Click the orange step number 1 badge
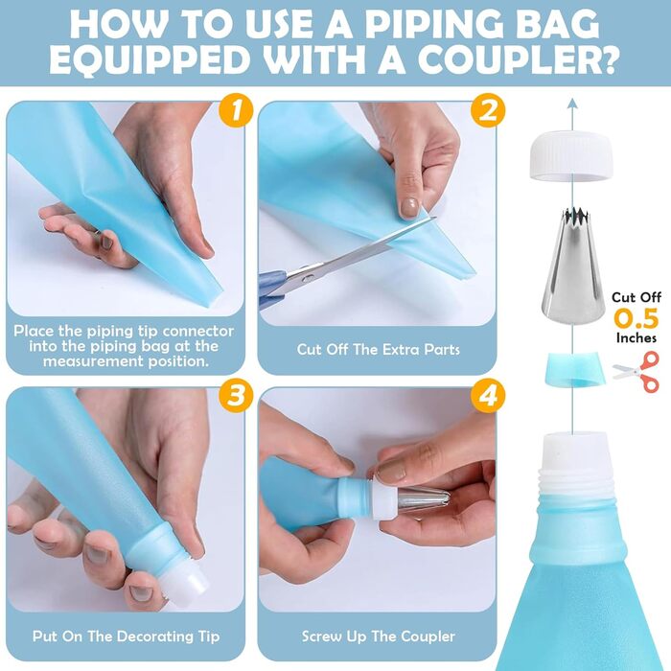(236, 110)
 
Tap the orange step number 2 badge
(488, 110)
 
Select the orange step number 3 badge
(236, 395)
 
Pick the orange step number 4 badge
(488, 395)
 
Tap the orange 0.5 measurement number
(636, 318)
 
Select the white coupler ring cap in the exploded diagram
(571, 155)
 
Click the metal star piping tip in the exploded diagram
(572, 266)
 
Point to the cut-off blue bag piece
(575, 370)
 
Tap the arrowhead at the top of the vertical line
(572, 103)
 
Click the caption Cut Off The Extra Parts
(379, 350)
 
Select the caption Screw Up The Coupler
(379, 636)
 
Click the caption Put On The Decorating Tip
(127, 636)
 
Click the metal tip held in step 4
(424, 499)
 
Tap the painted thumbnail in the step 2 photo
(410, 208)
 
